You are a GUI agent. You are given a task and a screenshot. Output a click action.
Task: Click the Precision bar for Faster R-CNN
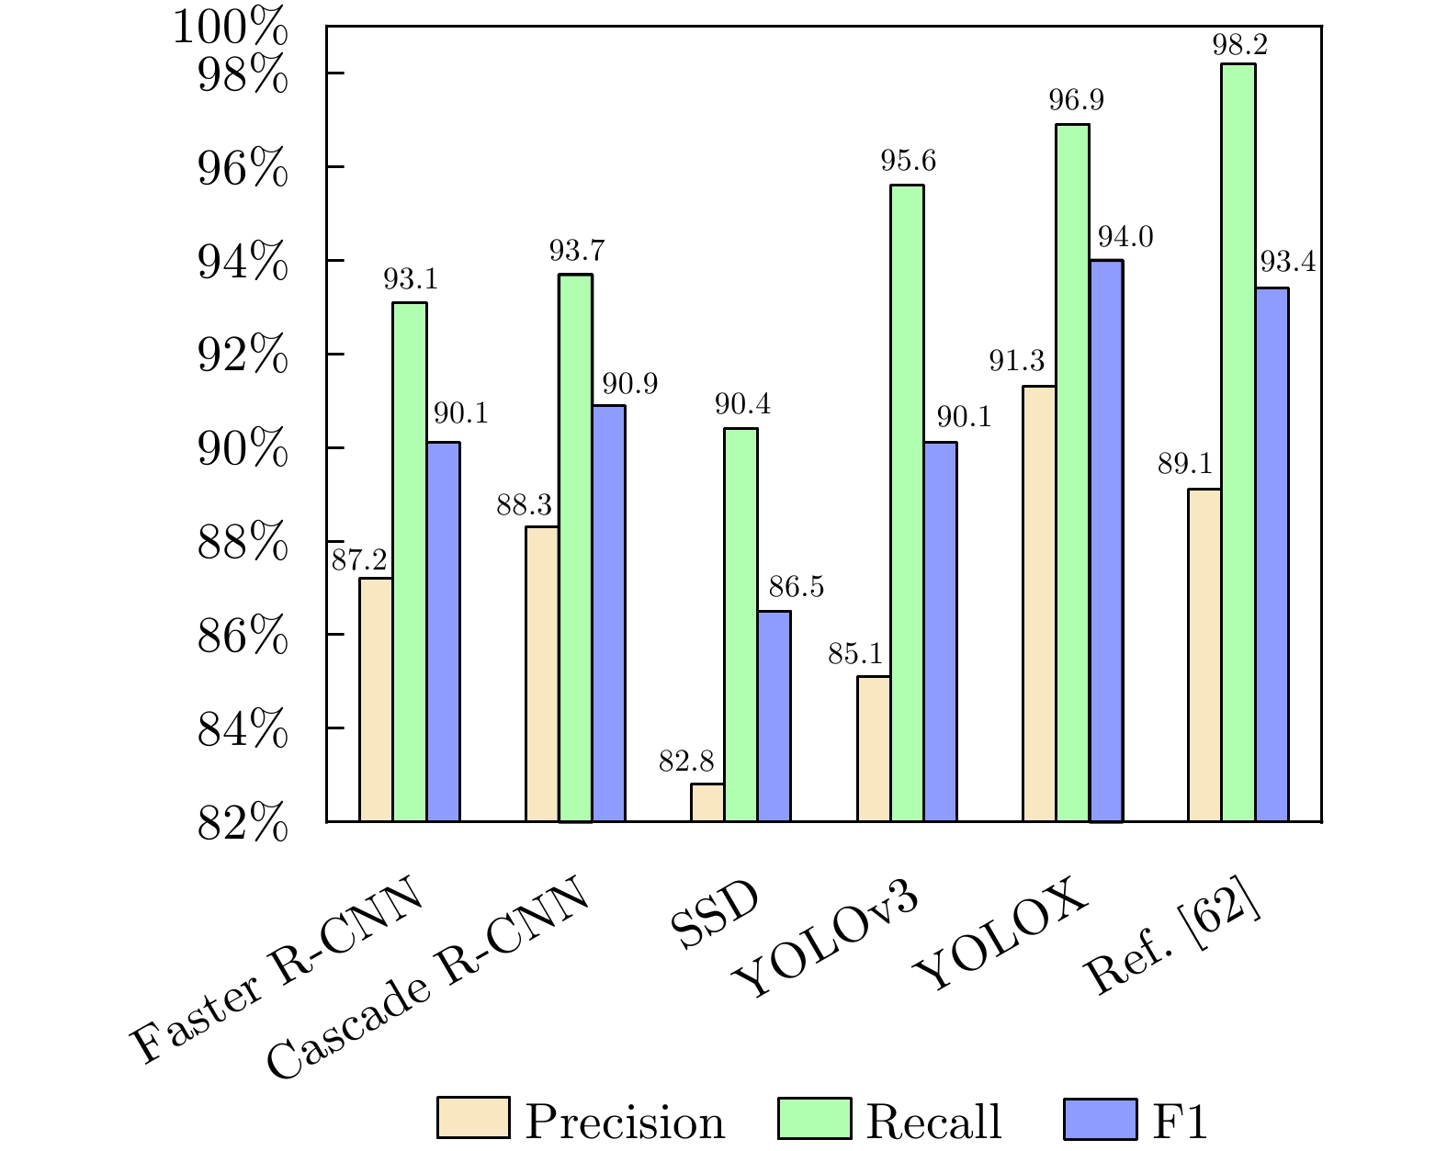(x=376, y=699)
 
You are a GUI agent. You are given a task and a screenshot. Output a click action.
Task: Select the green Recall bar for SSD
(x=740, y=625)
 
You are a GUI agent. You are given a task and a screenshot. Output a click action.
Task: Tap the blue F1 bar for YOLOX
(x=1106, y=540)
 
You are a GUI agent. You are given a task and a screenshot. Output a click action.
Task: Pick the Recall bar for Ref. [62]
(x=1238, y=442)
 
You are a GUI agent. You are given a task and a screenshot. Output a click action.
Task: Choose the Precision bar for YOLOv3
(x=874, y=748)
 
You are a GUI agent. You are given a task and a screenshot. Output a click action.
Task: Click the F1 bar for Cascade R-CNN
(x=608, y=613)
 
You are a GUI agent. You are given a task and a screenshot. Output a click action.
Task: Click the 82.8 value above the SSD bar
(x=685, y=762)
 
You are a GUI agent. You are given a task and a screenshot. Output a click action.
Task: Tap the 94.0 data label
(x=1125, y=238)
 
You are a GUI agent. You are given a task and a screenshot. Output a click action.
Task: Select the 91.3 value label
(x=1016, y=363)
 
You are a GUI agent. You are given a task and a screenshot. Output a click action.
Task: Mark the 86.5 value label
(x=797, y=588)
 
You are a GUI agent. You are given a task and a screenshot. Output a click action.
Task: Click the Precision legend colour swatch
(x=473, y=1118)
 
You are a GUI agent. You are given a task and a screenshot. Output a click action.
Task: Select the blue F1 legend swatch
(x=1100, y=1118)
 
